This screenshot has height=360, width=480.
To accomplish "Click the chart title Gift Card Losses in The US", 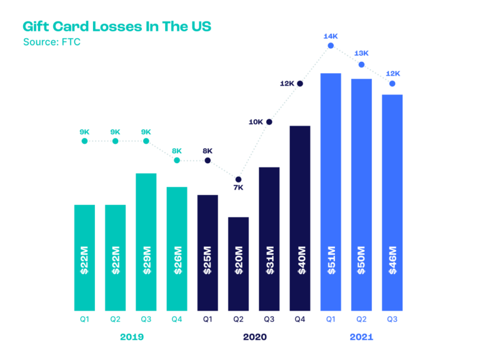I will point(117,27).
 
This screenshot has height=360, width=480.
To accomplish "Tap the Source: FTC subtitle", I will point(52,42).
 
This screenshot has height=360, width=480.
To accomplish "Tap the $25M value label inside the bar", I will point(207,260).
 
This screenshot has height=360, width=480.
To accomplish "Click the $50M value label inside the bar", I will point(361,260).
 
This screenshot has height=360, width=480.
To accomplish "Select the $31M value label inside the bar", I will point(269,260).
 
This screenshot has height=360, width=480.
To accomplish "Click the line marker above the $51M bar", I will point(331,46).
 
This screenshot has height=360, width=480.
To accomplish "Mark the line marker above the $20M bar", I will point(238,179).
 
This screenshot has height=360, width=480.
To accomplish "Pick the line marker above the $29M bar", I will point(146,141).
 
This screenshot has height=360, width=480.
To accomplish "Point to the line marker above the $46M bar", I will point(392,83).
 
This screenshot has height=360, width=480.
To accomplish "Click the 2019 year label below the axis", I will point(132,337).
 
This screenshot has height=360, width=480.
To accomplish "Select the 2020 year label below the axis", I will point(254,337).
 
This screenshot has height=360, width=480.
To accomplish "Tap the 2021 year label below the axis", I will point(361,337).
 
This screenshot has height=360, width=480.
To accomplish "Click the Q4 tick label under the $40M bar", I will point(300,319).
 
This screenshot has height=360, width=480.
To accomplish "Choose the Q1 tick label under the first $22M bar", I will point(84,319).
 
